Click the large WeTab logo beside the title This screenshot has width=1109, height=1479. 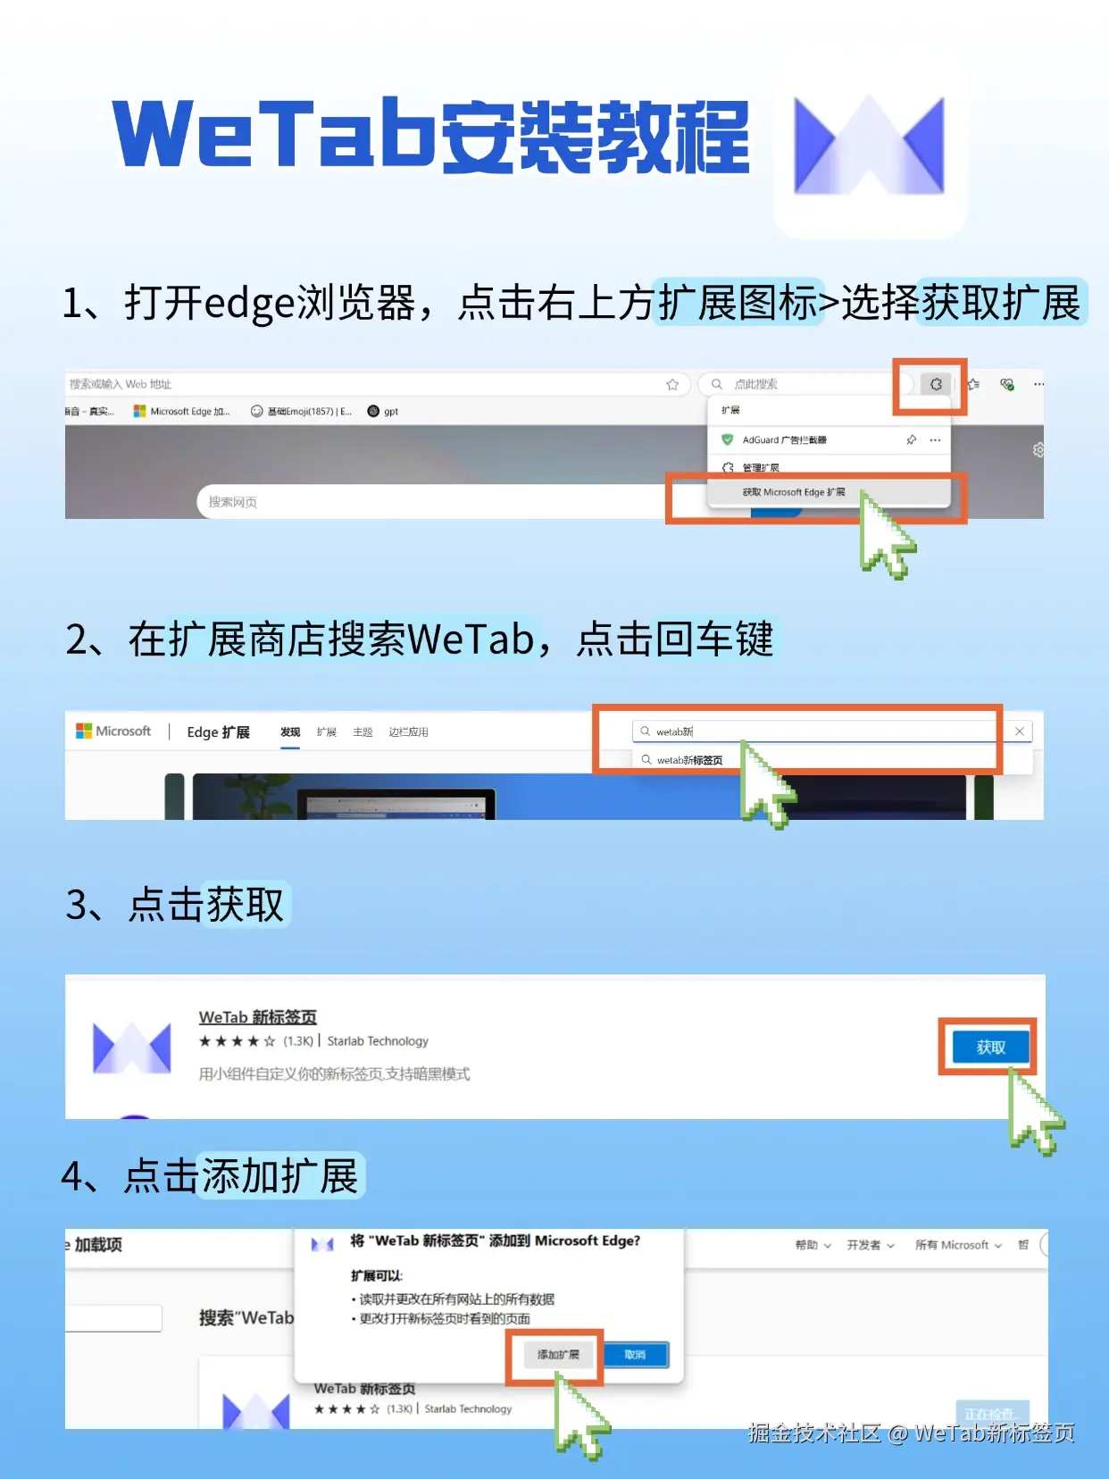(x=869, y=146)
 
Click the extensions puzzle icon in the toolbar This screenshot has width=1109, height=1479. (x=935, y=384)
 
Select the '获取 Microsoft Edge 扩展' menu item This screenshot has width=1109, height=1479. (x=793, y=492)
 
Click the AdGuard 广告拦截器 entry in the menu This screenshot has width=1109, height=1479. (x=784, y=439)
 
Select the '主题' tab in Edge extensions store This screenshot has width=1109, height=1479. (x=363, y=732)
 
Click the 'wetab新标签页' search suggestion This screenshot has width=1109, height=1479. (x=689, y=760)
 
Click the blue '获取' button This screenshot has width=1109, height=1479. (x=990, y=1047)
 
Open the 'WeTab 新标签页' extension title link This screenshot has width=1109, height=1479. (x=257, y=1016)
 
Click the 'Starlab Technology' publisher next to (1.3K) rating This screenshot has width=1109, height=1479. (x=378, y=1041)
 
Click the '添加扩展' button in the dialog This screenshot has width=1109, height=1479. (x=558, y=1355)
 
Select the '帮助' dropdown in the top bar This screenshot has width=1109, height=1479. (x=812, y=1245)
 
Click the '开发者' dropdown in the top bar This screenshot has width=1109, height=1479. (x=869, y=1245)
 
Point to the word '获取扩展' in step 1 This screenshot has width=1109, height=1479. (x=1001, y=303)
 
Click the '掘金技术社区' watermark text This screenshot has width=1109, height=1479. (x=813, y=1433)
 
